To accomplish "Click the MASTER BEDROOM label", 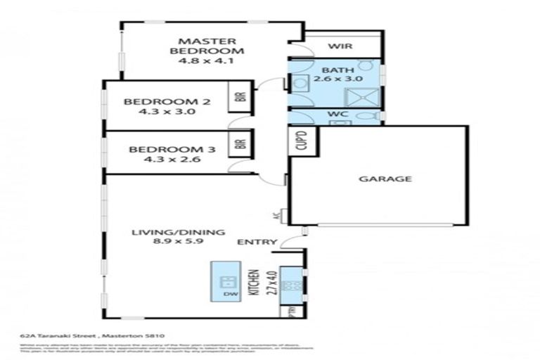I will tap(206, 46).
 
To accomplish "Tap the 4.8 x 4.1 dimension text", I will tap(206, 60).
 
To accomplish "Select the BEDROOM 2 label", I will tap(167, 101).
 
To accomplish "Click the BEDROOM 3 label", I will tap(167, 149).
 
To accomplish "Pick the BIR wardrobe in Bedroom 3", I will tap(240, 145).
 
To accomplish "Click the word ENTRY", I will tap(252, 242).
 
